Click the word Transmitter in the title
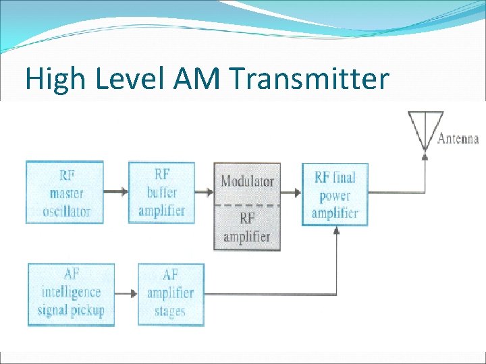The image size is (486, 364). point(310,80)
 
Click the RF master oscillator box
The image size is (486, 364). point(65,193)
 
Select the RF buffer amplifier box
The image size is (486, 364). point(161,193)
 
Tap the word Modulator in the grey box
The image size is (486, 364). point(248,181)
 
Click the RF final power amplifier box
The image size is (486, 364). point(335,195)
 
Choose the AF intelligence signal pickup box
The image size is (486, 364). point(71,293)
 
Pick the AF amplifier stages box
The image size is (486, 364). point(171,293)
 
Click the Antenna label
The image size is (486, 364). point(458,140)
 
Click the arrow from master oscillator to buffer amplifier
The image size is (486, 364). point(116,191)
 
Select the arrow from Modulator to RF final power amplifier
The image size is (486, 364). point(291,192)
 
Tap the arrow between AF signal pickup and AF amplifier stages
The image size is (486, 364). point(126,293)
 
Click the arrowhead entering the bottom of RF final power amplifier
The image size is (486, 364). point(336,231)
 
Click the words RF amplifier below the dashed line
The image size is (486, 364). point(247,227)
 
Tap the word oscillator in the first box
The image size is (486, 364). point(66,211)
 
